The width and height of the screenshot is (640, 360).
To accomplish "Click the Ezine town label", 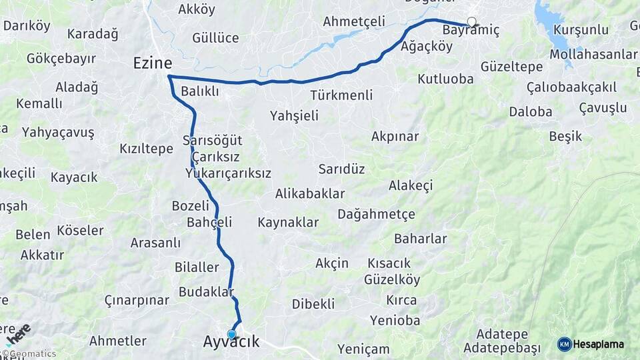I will click(x=153, y=63).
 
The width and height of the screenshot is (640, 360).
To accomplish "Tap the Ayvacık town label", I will click(x=231, y=343).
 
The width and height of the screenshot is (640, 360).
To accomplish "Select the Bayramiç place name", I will click(x=470, y=31).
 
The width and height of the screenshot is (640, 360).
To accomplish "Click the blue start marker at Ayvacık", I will click(x=231, y=334).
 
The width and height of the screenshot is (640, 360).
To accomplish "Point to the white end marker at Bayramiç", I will click(x=472, y=22).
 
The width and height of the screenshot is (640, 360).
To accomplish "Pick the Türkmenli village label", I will click(x=341, y=95).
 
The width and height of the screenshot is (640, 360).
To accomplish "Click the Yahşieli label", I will click(x=294, y=116).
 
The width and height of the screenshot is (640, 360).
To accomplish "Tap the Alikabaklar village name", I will click(x=310, y=194).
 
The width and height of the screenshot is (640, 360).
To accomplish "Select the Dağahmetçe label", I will click(x=376, y=214).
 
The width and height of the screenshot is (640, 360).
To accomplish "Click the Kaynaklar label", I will click(x=288, y=223).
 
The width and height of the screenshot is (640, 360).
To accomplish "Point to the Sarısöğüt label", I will click(x=212, y=141).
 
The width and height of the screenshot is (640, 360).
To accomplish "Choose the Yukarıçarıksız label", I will click(x=228, y=173).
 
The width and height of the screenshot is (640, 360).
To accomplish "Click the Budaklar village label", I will click(x=206, y=292).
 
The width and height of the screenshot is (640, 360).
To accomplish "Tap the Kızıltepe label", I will click(x=146, y=149).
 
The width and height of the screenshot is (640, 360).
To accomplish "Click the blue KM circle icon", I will click(x=564, y=344).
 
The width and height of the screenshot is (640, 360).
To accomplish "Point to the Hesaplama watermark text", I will click(x=599, y=345).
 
